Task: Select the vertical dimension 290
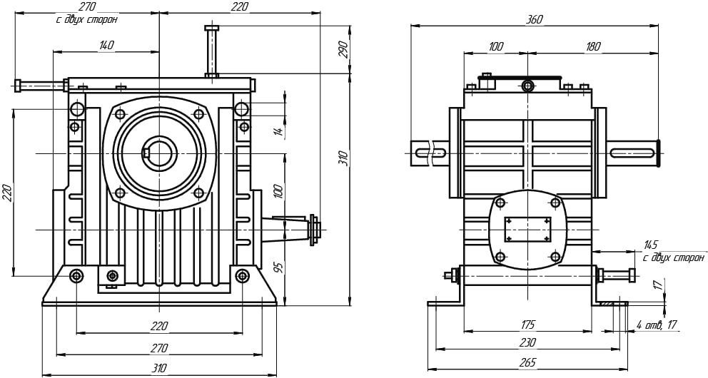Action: (x=343, y=49)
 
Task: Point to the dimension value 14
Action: (x=280, y=130)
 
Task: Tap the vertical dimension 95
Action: (x=280, y=268)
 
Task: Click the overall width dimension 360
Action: (x=533, y=20)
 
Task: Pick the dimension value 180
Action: (x=592, y=46)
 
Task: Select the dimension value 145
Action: (x=650, y=245)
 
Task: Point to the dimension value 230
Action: (x=528, y=342)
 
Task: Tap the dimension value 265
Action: (x=528, y=362)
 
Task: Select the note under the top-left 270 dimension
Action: (x=86, y=20)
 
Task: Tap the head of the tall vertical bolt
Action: (x=212, y=29)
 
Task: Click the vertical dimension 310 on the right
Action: (x=343, y=158)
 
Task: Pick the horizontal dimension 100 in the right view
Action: (x=495, y=46)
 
